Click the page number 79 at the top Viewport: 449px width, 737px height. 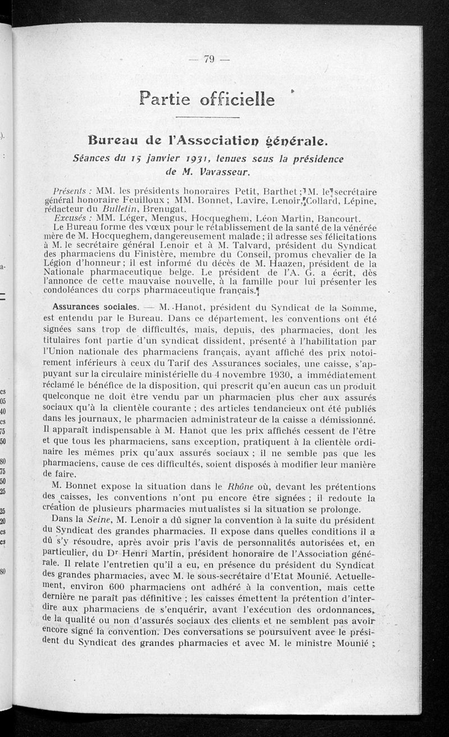click(210, 59)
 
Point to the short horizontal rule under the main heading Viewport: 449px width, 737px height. click(208, 117)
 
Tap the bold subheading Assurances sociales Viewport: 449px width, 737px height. click(95, 307)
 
